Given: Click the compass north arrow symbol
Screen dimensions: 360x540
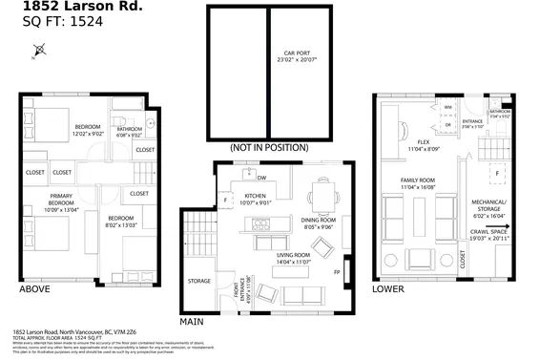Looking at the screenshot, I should pos(38,51).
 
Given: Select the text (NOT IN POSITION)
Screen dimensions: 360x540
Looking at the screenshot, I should pos(269,148).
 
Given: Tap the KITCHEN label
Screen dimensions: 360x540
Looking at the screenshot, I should pos(234,197).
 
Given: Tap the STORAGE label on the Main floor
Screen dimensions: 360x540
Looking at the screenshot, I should pos(199,281).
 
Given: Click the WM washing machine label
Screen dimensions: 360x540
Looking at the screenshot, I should pos(447,107).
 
